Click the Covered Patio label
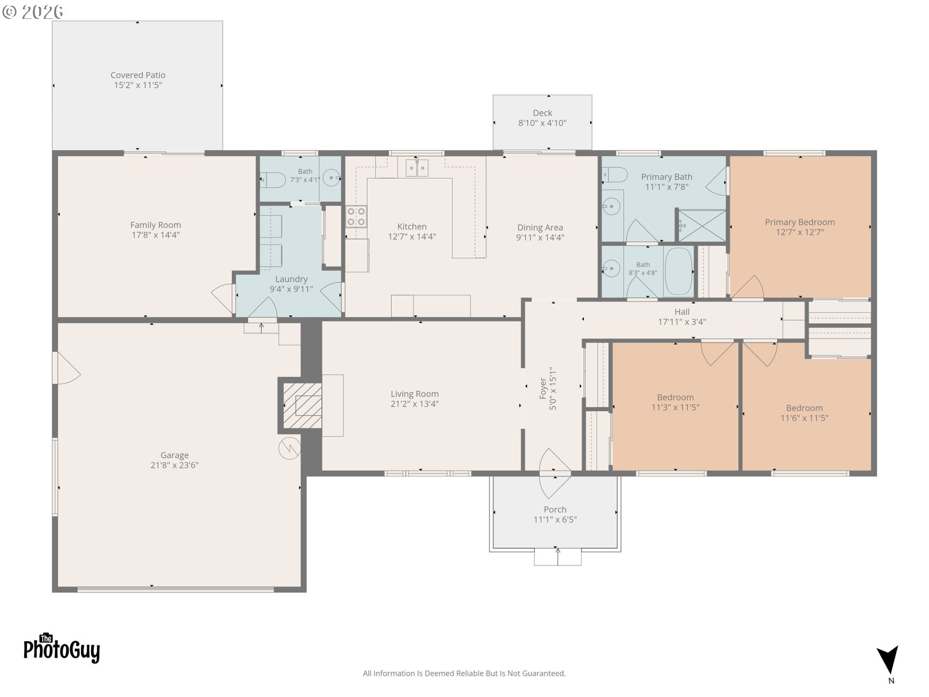(138, 75)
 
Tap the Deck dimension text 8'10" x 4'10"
(542, 123)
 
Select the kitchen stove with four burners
(356, 216)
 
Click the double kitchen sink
(417, 167)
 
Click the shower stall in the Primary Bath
(702, 225)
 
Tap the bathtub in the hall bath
(679, 272)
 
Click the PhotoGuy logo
(62, 649)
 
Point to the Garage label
(175, 455)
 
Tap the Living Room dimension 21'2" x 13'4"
(415, 404)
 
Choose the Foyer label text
(543, 389)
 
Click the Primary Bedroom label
(800, 222)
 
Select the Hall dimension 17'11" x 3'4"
(682, 321)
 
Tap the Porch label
(555, 509)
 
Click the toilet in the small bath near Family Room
(273, 180)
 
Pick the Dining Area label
(540, 227)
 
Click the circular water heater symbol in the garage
(289, 448)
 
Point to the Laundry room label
(291, 279)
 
